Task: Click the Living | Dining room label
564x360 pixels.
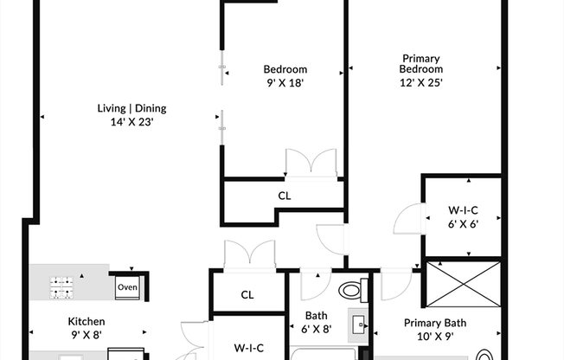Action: [x=131, y=109]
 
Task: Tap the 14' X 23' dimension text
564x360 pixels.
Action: [x=131, y=122]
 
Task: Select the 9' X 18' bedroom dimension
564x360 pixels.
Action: [x=285, y=83]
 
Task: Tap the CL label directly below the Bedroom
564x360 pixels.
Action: [x=285, y=196]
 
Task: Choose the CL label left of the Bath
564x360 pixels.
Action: [x=247, y=295]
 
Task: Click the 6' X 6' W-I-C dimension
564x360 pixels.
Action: [x=463, y=222]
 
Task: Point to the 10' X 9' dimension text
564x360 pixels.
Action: [x=435, y=337]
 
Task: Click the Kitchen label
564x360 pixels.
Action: [x=87, y=321]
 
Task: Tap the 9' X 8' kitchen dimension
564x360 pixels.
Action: [x=87, y=335]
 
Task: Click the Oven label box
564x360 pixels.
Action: [x=127, y=287]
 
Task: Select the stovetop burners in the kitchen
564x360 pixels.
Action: [x=63, y=287]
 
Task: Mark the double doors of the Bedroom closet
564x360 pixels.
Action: [x=311, y=164]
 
